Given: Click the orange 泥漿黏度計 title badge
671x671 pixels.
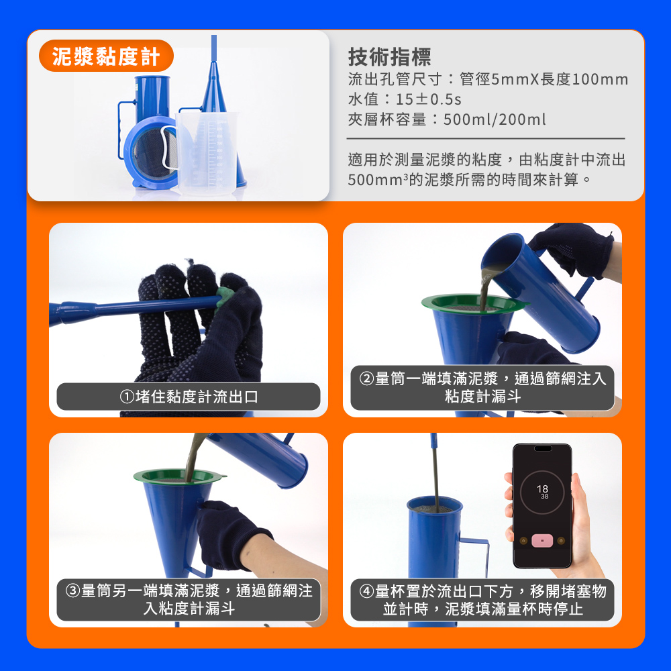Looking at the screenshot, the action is [106, 56].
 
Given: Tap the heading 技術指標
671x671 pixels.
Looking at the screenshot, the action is [389, 57].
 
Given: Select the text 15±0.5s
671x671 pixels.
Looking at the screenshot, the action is [428, 99].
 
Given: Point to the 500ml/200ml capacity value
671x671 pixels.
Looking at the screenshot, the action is [495, 119].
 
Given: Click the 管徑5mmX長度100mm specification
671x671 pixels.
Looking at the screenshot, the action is [544, 79].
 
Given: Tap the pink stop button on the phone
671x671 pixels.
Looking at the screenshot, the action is [542, 540].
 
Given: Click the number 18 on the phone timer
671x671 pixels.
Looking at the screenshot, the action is [542, 488].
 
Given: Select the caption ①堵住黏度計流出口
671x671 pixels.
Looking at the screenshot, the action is [189, 397].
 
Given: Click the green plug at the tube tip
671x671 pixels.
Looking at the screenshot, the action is [225, 296].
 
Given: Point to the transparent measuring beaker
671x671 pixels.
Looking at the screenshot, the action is [206, 152].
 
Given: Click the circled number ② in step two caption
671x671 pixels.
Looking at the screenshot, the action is [367, 378].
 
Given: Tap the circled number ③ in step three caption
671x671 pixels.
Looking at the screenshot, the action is [72, 590].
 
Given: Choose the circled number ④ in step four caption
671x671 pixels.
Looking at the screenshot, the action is [367, 591].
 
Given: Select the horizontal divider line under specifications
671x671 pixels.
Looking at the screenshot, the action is [486, 139].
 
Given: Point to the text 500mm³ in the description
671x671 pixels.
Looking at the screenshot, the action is [377, 180].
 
